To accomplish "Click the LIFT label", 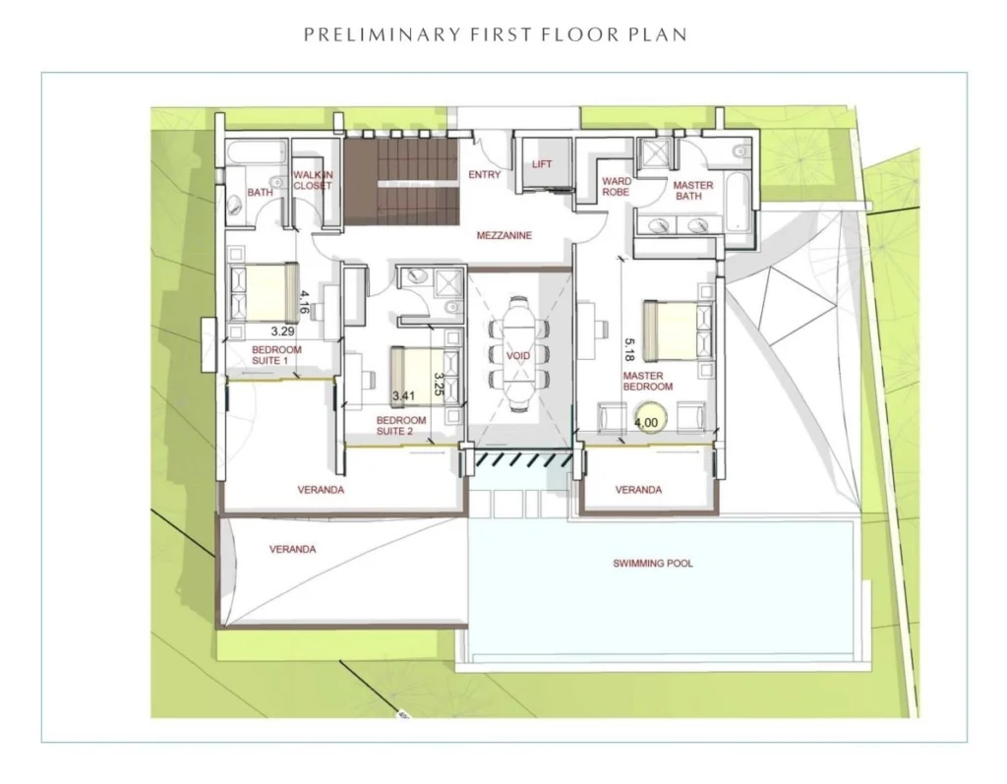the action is point(542,164).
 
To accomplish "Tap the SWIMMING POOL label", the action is point(653,564).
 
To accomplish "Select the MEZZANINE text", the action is point(504,235).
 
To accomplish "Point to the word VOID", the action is point(518,355).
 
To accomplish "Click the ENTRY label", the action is point(484,174).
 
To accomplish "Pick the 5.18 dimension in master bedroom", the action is point(629,349).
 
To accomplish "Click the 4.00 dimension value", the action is point(646,422).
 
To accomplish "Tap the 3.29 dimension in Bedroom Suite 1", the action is point(282,332).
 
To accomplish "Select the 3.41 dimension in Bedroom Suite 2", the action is point(403,395).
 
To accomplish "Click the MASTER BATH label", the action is point(693,190).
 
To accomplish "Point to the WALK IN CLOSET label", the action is point(313,180).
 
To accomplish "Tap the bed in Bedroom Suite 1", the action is point(265,292).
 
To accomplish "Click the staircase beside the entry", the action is point(401,183).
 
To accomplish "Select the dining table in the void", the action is point(518,354).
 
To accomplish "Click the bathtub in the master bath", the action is point(736,201).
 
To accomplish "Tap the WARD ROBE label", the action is point(616,186).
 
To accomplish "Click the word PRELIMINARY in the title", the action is point(383,34).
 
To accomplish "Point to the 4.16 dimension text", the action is point(304,302).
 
